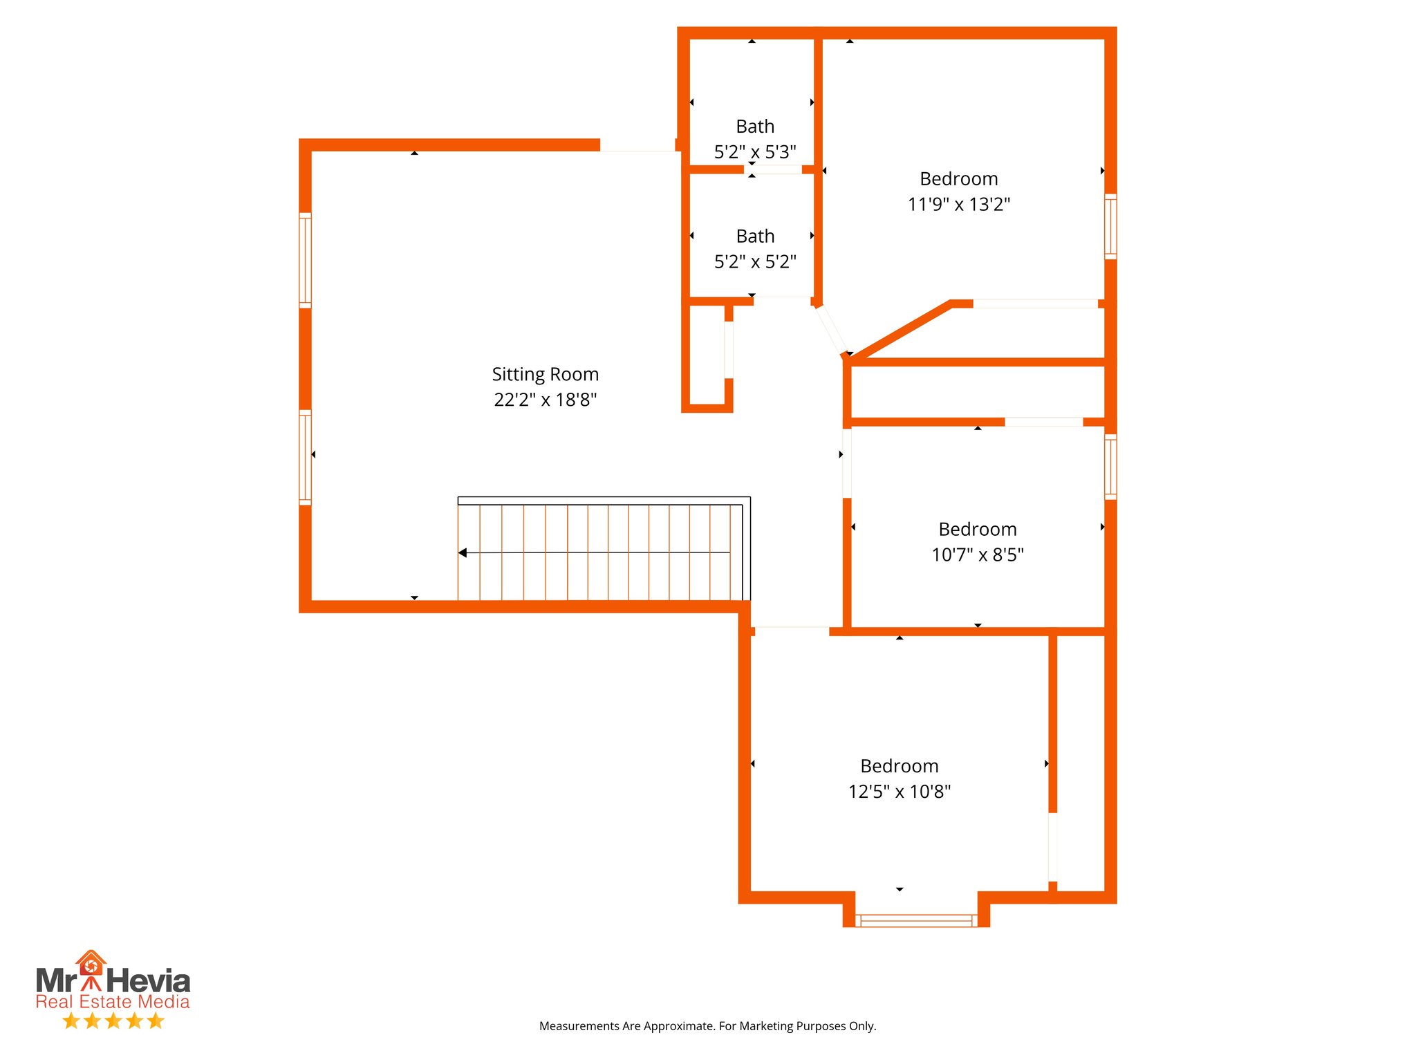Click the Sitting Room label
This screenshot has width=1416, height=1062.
545,374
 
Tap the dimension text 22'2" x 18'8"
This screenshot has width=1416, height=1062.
545,400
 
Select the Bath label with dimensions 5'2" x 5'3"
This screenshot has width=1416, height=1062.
755,127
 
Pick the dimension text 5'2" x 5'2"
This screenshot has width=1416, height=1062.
755,262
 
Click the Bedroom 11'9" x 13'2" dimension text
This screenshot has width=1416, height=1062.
958,205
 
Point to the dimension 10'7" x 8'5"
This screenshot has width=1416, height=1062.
977,555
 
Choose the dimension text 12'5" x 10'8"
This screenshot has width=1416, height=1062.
899,792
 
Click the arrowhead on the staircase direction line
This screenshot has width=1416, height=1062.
463,552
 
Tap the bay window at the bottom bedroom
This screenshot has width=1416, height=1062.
915,920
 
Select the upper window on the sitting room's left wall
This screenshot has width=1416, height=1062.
305,260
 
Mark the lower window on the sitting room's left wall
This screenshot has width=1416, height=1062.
305,457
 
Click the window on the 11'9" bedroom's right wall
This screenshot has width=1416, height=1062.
1110,227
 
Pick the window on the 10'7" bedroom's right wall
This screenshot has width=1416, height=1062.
1110,467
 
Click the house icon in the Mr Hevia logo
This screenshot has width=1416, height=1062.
91,963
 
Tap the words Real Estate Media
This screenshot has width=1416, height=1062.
113,1002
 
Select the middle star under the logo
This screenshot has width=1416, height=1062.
113,1021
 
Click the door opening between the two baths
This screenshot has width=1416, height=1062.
772,169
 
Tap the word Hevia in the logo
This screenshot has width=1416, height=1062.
148,981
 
